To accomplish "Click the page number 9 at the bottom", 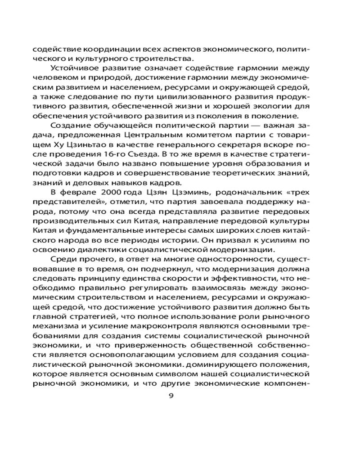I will tap(171, 396).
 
